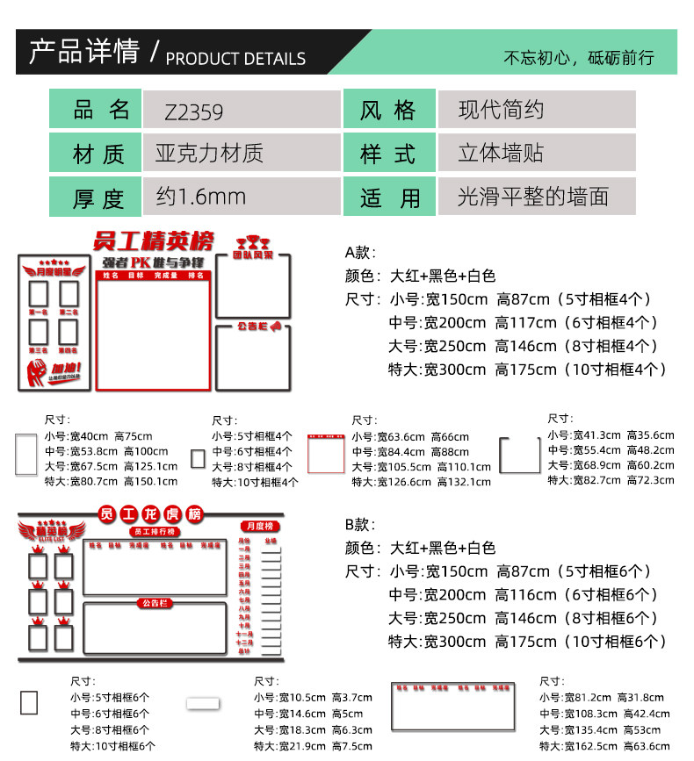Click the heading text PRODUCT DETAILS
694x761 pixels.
(235, 59)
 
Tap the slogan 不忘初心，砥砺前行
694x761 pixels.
(579, 59)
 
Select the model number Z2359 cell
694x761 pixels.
(242, 111)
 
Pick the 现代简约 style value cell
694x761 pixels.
(536, 111)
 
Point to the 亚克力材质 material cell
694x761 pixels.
(242, 154)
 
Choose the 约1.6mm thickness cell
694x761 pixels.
(242, 197)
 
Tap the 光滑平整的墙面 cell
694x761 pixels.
(536, 196)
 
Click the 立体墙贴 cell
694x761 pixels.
(536, 154)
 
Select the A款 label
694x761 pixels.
(360, 252)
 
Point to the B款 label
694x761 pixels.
(360, 524)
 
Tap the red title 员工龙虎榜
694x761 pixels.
(150, 513)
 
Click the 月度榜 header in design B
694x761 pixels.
(259, 526)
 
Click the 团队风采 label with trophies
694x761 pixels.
(252, 248)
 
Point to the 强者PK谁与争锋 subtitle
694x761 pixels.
(154, 262)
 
